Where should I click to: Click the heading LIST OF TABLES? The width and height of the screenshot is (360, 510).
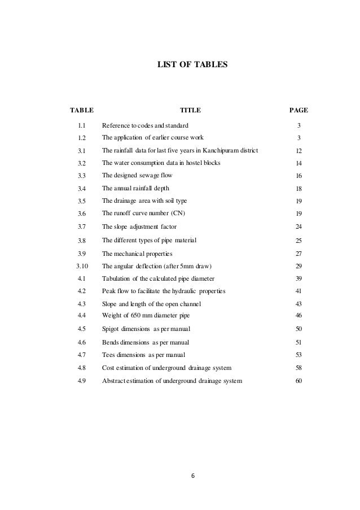click(192, 66)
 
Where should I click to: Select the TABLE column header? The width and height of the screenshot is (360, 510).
click(81, 110)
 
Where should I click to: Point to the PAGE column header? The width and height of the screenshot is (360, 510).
click(298, 110)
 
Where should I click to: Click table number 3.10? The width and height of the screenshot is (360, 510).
click(81, 266)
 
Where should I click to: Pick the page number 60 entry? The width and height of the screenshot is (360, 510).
click(298, 382)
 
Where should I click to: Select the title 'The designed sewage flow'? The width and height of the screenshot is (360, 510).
click(137, 176)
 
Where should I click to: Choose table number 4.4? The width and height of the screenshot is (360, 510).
click(81, 315)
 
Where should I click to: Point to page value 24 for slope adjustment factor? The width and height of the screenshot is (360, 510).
click(298, 227)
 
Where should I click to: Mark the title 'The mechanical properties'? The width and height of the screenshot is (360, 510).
click(137, 253)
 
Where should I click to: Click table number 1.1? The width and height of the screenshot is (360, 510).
click(81, 125)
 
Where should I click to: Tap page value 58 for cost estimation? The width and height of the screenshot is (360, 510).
click(298, 368)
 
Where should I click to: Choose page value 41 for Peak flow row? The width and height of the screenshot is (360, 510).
click(298, 291)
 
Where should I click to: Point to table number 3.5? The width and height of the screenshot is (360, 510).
click(81, 200)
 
